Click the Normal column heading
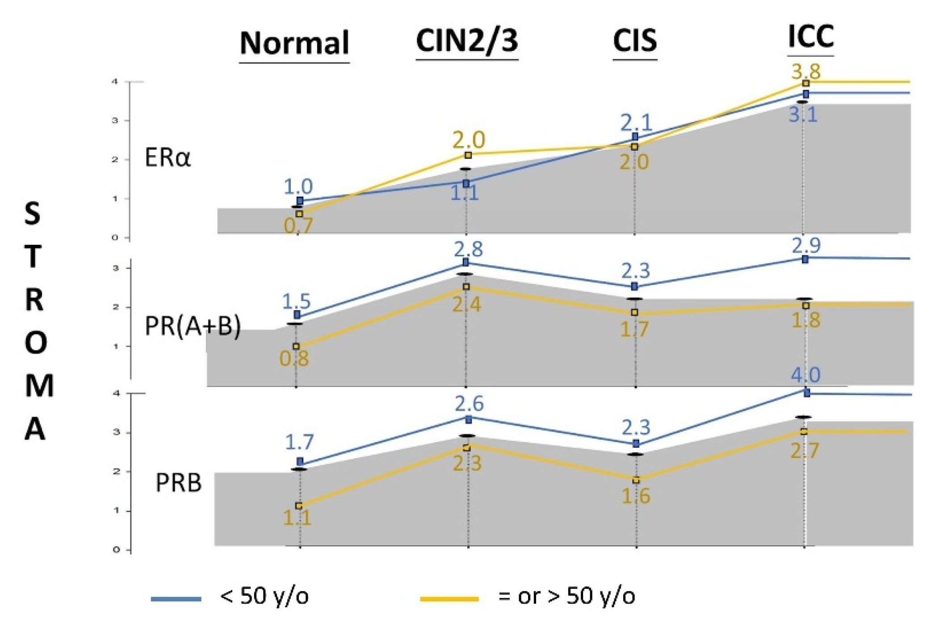tap(294, 43)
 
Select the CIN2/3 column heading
tap(467, 41)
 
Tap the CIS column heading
tap(634, 41)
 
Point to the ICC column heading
tap(810, 37)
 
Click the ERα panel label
tap(168, 158)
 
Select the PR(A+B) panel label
tap(193, 326)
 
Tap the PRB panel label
tap(178, 483)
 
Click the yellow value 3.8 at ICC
tap(806, 71)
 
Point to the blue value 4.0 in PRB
tap(806, 375)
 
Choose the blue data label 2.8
tap(468, 249)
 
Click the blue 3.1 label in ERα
tap(803, 115)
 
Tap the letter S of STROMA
tap(33, 214)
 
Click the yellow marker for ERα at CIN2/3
tap(468, 155)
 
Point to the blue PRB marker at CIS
tap(636, 444)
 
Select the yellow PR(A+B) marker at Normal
tap(296, 346)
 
